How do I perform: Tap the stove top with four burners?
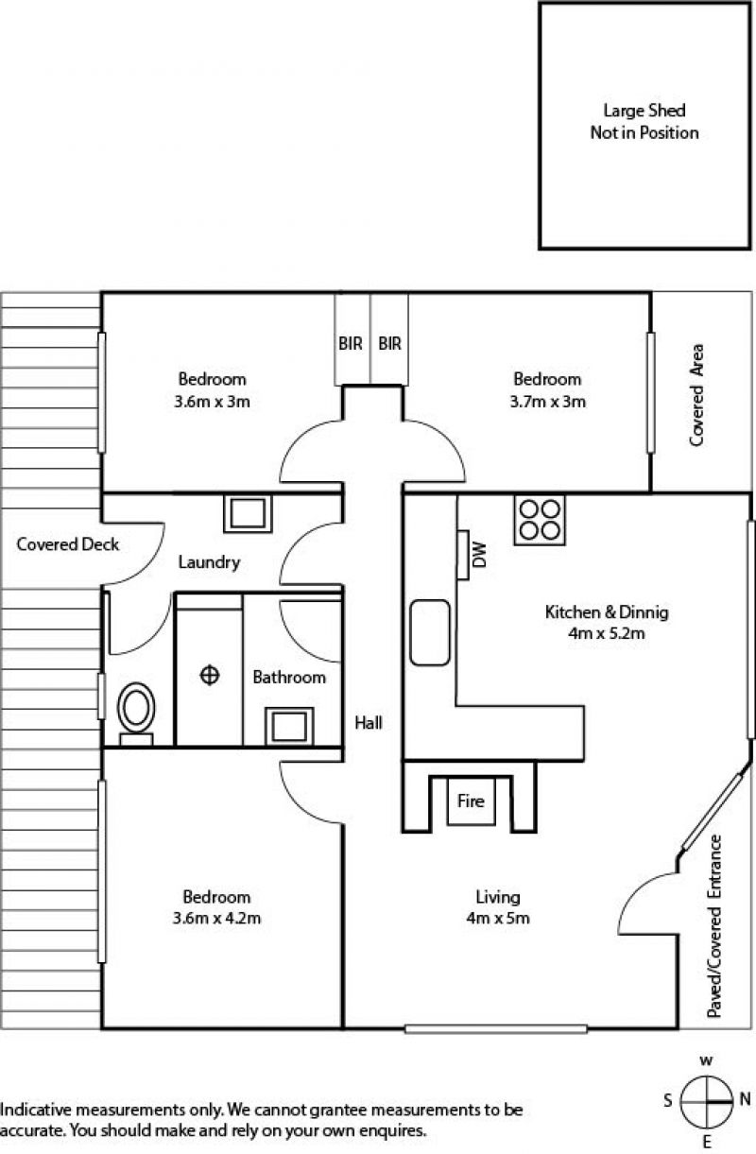(540, 521)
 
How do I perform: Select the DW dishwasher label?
(478, 555)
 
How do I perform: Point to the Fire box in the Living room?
(471, 801)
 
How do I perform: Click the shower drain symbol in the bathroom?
(209, 675)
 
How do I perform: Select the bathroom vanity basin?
(288, 726)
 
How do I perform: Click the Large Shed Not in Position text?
(644, 122)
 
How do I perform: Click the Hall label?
(369, 723)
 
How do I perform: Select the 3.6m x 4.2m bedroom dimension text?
(216, 918)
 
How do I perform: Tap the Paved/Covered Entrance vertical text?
(715, 927)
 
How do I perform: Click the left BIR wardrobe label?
(351, 344)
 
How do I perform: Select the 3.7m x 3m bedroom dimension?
(547, 401)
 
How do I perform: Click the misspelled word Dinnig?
(644, 612)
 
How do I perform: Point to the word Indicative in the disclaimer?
(33, 1110)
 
